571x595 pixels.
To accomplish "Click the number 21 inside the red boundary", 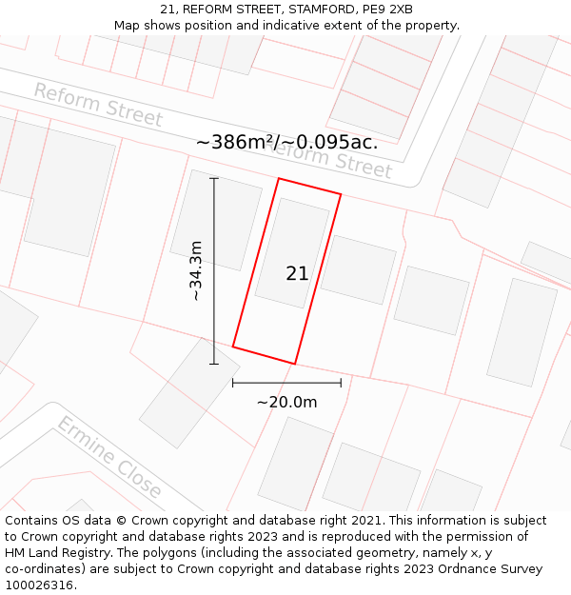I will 297,274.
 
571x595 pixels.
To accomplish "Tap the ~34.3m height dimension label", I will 196,271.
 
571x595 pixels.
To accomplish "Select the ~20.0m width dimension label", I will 286,402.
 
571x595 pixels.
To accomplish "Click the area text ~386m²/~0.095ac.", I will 286,143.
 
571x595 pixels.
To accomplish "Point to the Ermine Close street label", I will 109,458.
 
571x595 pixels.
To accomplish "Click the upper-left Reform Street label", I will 98,105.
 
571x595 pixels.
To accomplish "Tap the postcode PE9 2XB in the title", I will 388,10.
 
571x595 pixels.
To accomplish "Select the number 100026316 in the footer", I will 37,585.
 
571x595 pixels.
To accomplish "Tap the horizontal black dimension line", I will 286,383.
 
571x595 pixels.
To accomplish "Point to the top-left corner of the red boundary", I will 279,179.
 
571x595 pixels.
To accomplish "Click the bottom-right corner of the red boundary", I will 295,364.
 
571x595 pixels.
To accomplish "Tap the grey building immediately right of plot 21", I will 358,269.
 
